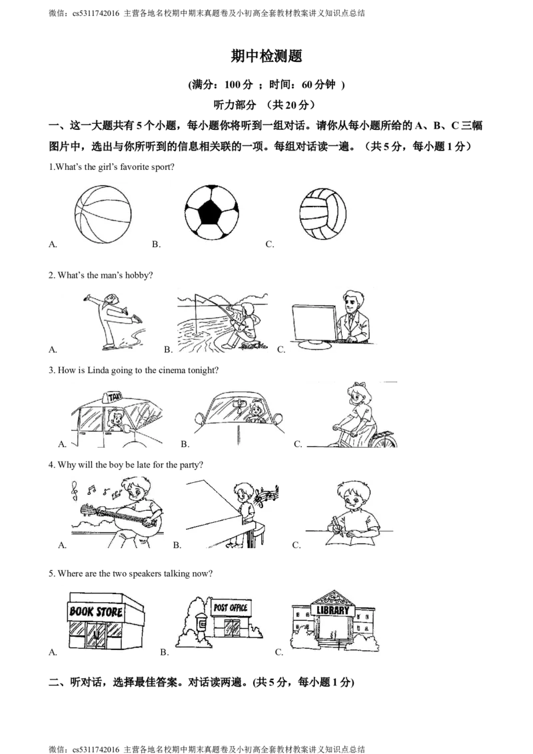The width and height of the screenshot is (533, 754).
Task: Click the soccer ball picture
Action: click(x=212, y=212)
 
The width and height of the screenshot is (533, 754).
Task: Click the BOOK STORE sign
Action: click(x=96, y=611)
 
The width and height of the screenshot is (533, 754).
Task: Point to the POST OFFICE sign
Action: click(x=231, y=608)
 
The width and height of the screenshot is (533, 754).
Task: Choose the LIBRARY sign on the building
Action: click(x=333, y=610)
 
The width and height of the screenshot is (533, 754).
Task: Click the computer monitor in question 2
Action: click(x=315, y=324)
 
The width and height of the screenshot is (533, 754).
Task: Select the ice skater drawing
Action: click(x=114, y=320)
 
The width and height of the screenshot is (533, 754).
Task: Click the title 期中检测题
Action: click(x=266, y=56)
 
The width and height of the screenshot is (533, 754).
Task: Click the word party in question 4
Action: click(x=189, y=465)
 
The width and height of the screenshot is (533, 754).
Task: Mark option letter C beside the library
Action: click(x=279, y=653)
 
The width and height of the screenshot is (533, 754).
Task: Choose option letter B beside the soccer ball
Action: click(x=156, y=244)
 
